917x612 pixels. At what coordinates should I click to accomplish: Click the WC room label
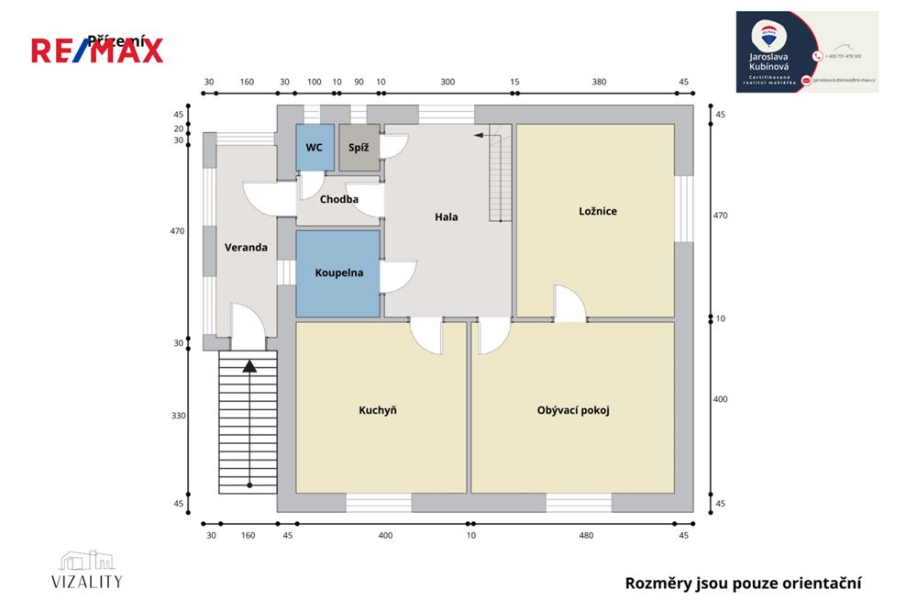click(x=314, y=147)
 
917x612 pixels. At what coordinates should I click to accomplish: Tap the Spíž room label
click(x=358, y=147)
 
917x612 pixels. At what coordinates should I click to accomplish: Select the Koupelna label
click(x=338, y=273)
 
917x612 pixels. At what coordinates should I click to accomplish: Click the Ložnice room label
click(x=598, y=211)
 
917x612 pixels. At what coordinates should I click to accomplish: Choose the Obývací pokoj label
click(x=573, y=410)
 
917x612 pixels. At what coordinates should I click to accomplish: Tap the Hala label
click(x=446, y=217)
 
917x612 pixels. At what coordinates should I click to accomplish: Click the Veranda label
click(x=246, y=247)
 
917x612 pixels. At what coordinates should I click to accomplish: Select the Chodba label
click(x=338, y=199)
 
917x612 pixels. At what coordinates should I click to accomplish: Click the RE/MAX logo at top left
click(x=97, y=50)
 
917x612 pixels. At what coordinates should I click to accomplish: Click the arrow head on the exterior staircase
click(x=249, y=366)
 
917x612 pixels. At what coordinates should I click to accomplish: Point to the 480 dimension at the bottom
click(x=586, y=535)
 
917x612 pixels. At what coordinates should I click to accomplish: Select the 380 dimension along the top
click(x=599, y=82)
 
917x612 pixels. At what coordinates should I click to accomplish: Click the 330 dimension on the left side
click(x=179, y=416)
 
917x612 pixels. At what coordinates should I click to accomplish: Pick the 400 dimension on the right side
click(x=720, y=399)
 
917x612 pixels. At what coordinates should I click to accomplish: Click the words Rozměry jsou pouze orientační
click(x=743, y=583)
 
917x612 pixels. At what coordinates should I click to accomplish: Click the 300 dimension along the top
click(x=447, y=82)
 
